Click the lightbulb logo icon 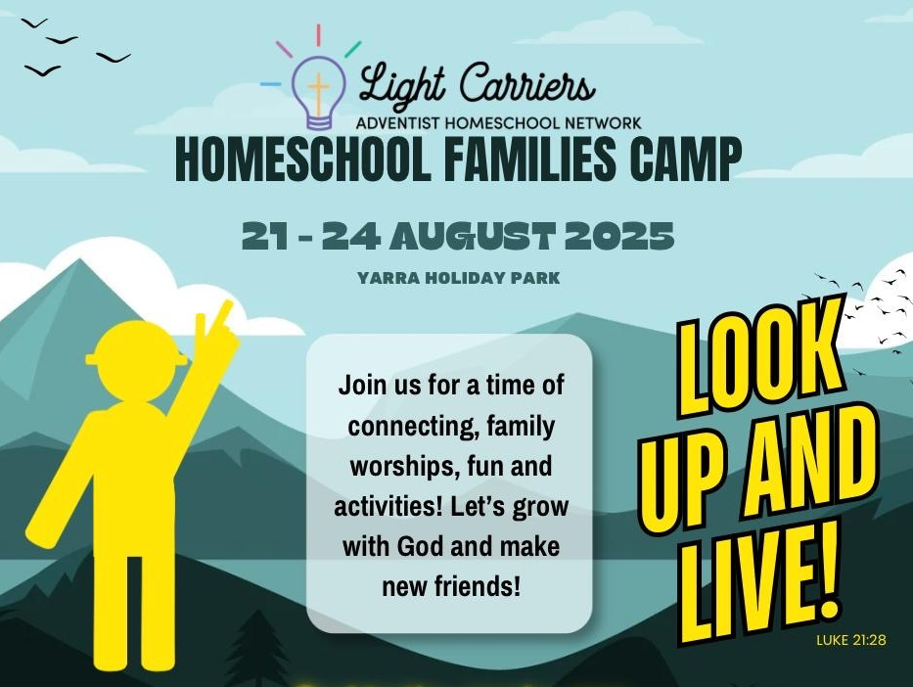pyautogui.click(x=318, y=92)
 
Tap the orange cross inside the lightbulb pyautogui.click(x=318, y=93)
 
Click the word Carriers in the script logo pyautogui.click(x=527, y=84)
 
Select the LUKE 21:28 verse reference pyautogui.click(x=851, y=640)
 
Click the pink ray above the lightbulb pyautogui.click(x=284, y=50)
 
